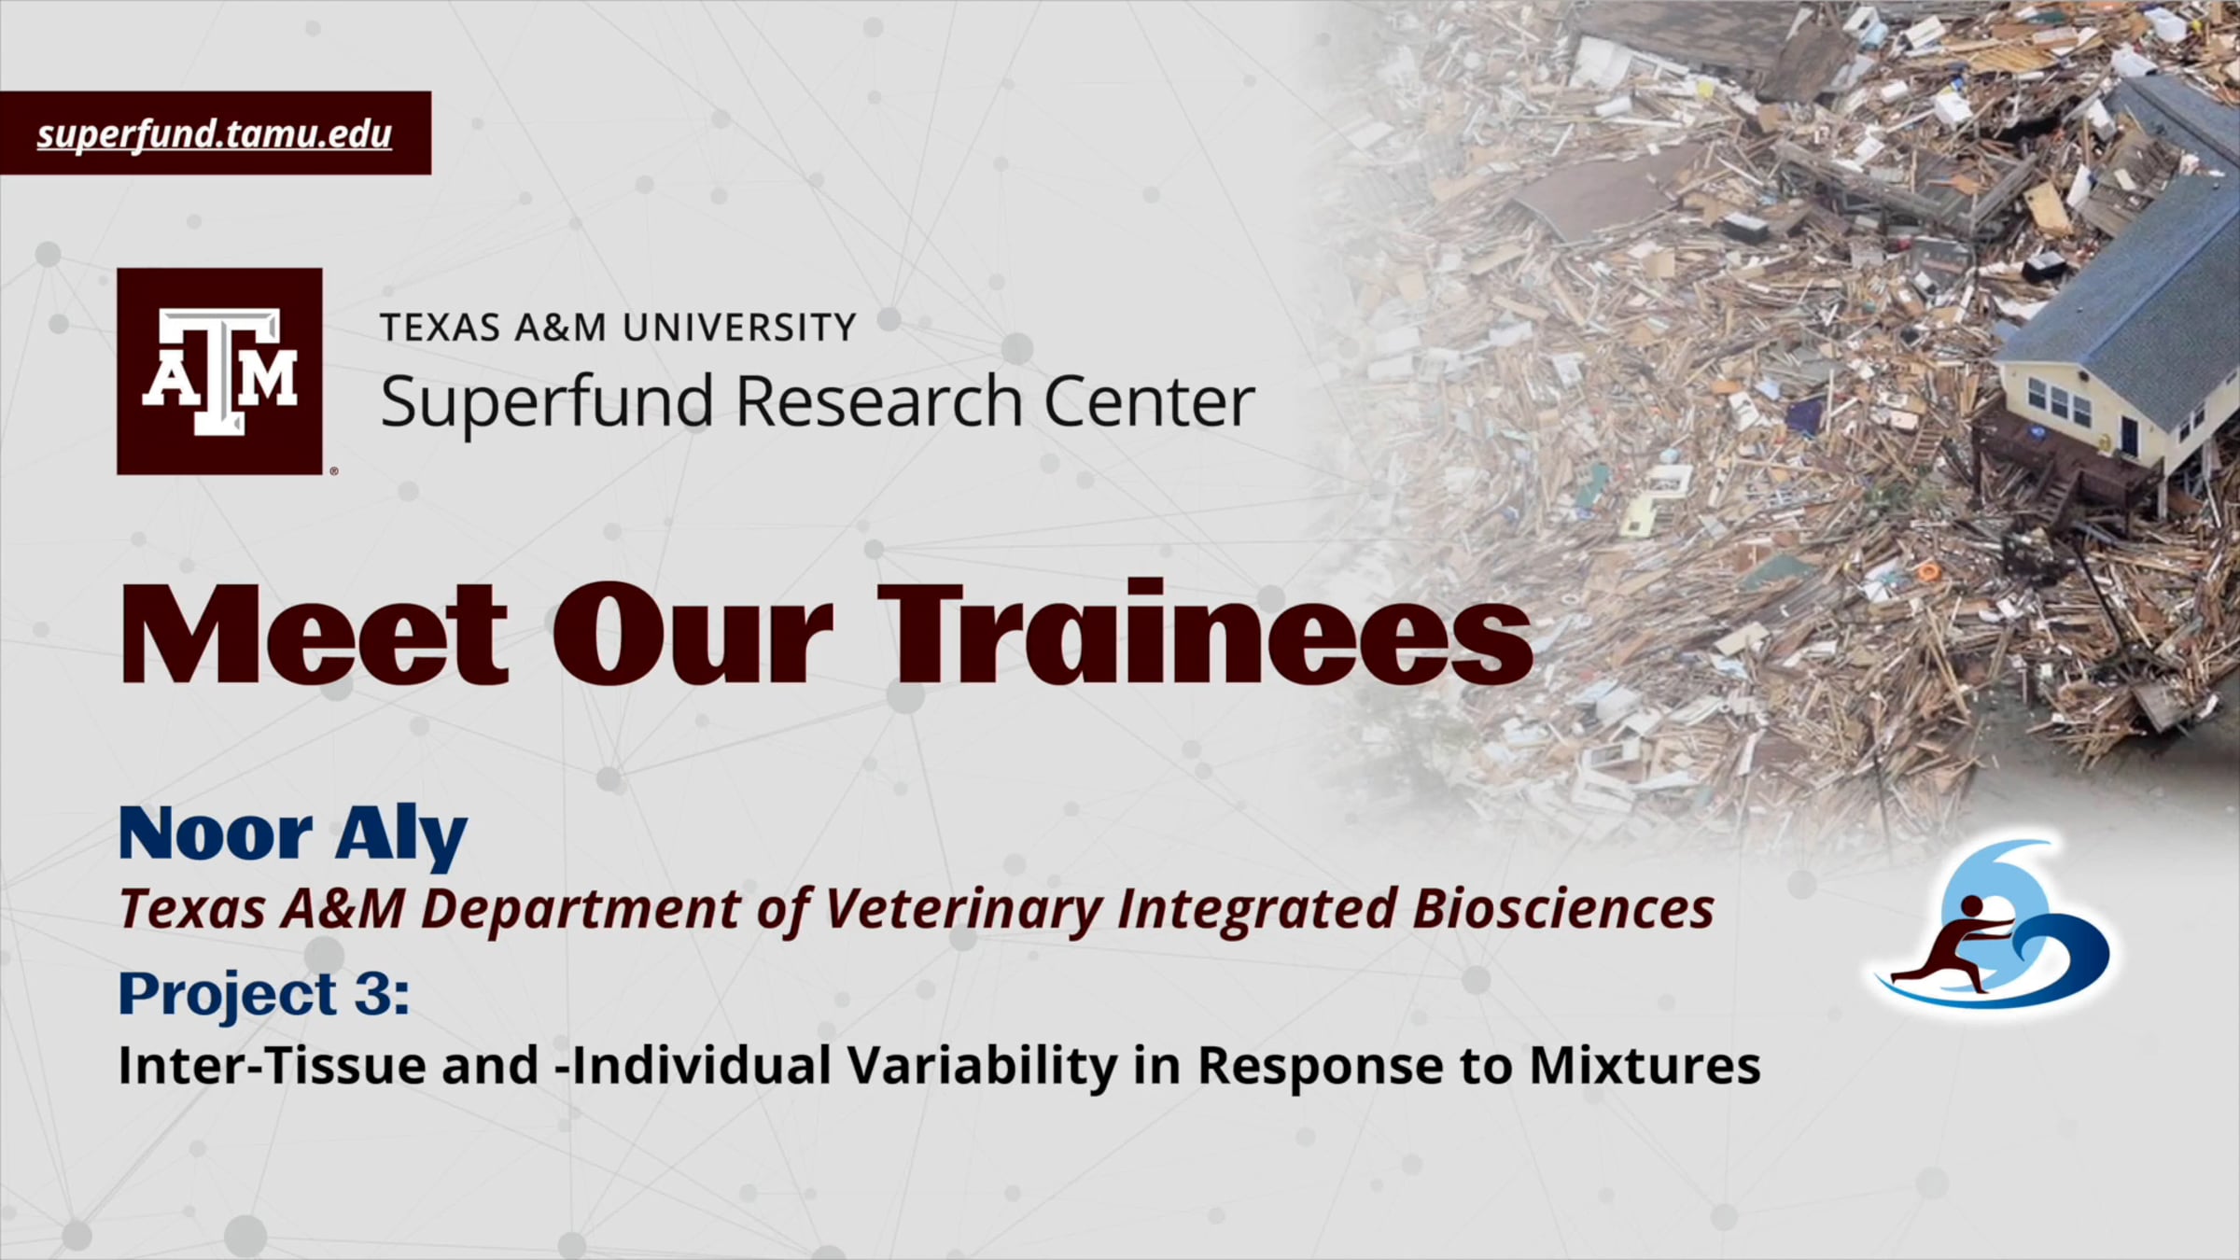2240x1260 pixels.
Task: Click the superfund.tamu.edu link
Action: click(215, 134)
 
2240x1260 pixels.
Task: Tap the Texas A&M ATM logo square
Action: click(219, 371)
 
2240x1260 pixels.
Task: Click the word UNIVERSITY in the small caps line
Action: click(738, 328)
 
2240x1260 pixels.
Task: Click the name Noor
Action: click(216, 833)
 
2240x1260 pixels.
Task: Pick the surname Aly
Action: click(401, 836)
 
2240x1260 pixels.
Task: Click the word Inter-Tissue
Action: click(272, 1065)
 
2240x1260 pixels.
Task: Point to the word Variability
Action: click(981, 1067)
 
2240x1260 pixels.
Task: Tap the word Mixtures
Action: click(1645, 1066)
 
